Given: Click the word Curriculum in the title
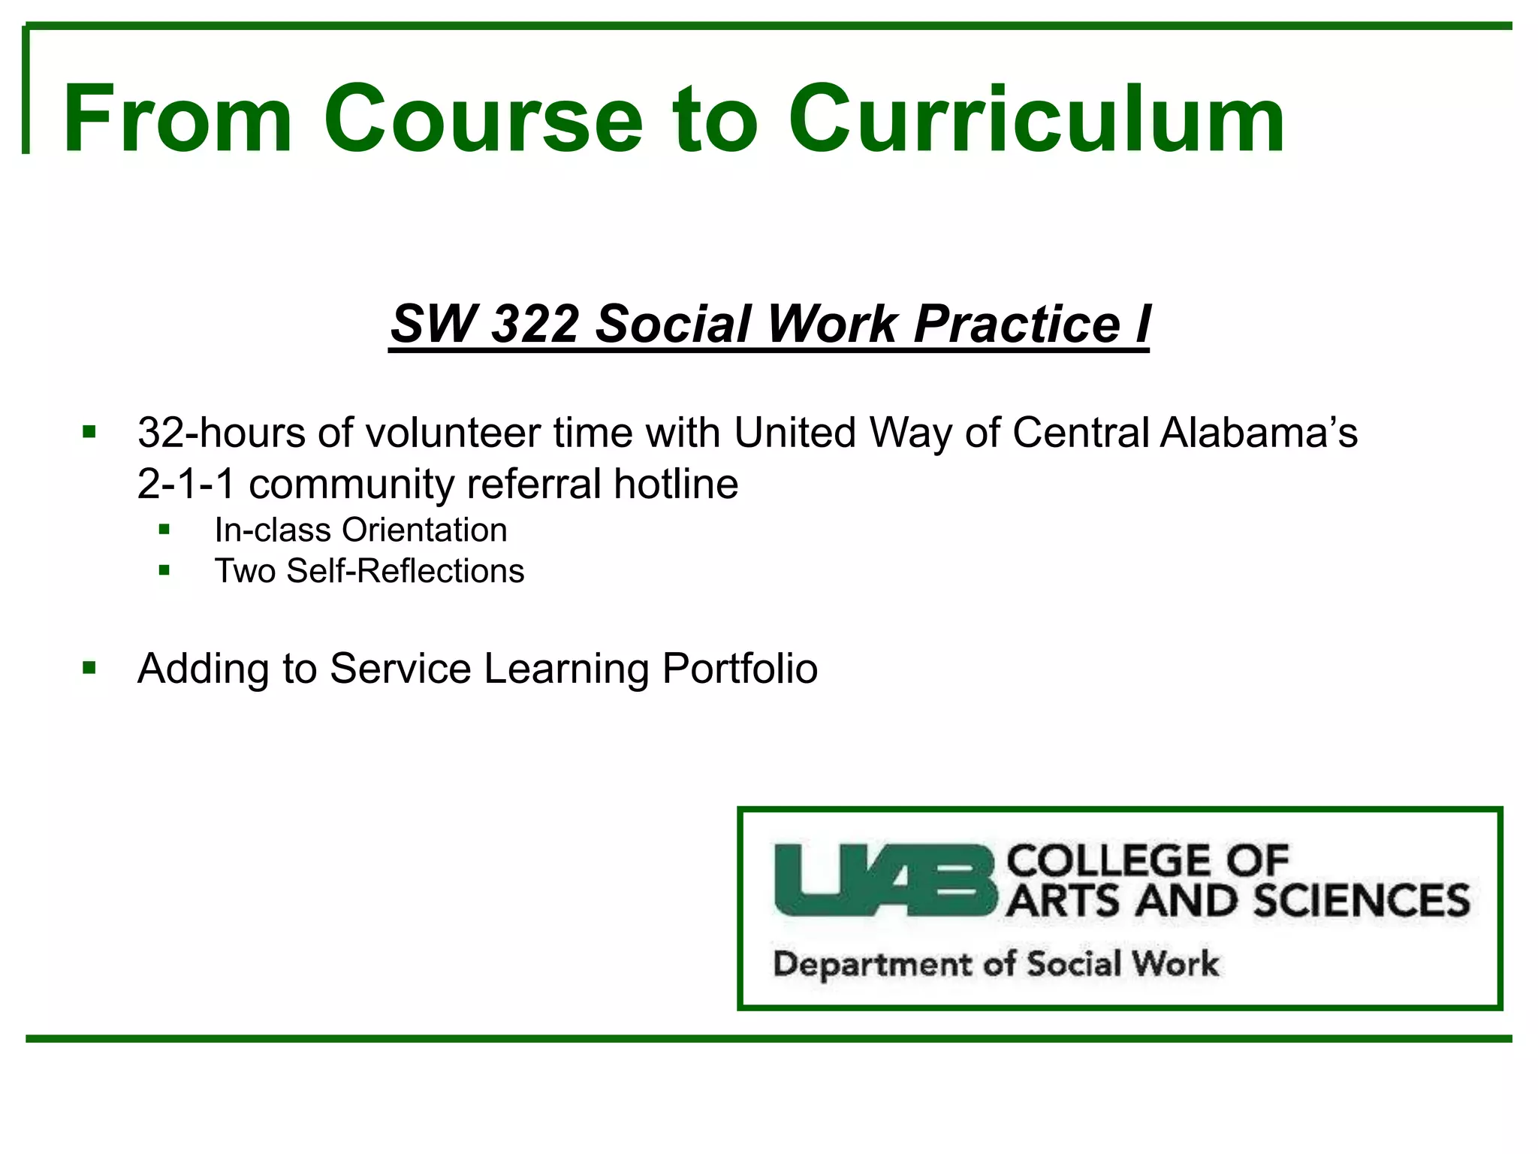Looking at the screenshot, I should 1036,120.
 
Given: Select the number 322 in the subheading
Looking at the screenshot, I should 535,324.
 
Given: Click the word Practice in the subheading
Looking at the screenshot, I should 1017,324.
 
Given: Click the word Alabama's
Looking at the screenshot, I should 1259,434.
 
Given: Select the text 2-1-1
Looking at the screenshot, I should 186,484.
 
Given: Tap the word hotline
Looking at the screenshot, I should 676,484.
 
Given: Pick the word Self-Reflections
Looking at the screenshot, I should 406,571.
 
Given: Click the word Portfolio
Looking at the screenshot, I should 740,669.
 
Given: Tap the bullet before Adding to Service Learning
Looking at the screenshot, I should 89,668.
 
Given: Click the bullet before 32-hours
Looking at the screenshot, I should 89,432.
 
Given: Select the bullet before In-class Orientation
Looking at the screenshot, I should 164,530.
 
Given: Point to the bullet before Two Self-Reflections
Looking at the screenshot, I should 164,570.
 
